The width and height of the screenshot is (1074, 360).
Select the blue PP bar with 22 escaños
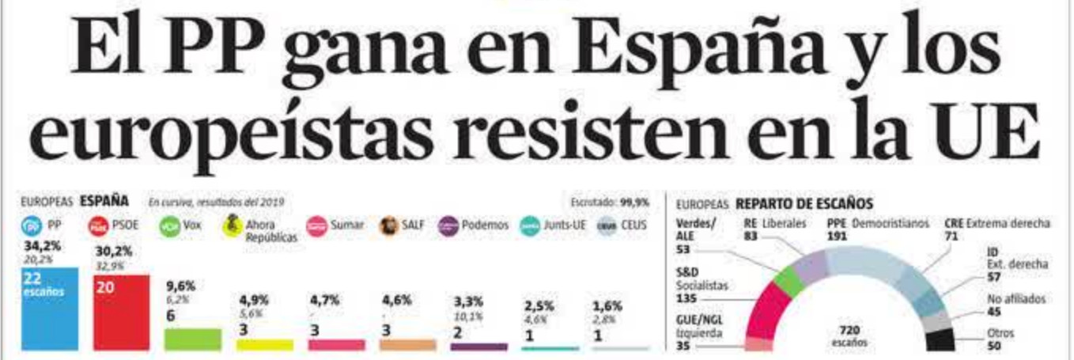50,309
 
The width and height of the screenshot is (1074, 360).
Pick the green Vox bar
192,339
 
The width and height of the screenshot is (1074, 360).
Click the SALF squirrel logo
388,225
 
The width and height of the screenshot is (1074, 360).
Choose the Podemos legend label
485,225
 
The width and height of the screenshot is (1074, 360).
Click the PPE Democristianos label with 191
877,229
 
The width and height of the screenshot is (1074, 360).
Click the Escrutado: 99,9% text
609,203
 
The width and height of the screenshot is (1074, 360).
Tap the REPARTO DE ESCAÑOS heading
804,203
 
